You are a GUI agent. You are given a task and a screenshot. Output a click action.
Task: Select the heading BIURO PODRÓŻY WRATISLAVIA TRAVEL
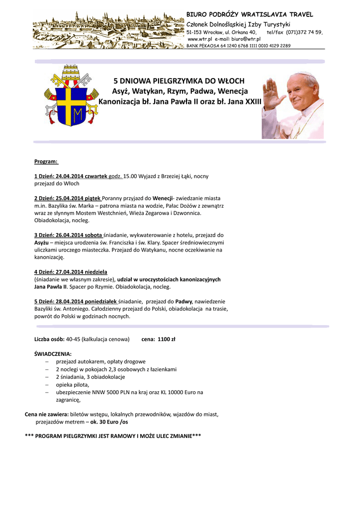click(250, 15)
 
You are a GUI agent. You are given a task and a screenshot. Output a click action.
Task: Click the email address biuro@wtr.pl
click(246, 39)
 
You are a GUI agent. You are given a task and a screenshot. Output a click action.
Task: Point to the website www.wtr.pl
click(200, 39)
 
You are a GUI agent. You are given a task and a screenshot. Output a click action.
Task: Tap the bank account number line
click(239, 46)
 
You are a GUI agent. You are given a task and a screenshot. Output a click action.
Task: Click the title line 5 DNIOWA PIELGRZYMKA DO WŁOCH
click(180, 81)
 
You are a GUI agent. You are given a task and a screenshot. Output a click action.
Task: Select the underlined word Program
click(46, 162)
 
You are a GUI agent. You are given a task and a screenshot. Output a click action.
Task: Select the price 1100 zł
click(166, 339)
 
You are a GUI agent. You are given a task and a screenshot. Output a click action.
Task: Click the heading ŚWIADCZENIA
click(53, 354)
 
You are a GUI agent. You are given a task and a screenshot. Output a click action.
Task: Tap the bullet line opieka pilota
click(73, 385)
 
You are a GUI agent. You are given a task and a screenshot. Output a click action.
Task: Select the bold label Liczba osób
click(49, 339)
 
